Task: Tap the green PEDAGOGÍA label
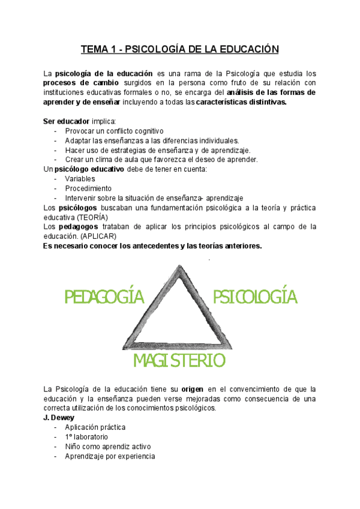105,297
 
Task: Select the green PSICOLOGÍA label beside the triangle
256,296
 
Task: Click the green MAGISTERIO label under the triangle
179,360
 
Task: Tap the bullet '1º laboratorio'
88,437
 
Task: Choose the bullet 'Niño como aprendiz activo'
108,447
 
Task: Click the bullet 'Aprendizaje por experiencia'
110,456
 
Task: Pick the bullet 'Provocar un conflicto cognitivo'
114,131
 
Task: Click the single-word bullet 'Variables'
80,179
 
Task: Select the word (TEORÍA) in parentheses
92,217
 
